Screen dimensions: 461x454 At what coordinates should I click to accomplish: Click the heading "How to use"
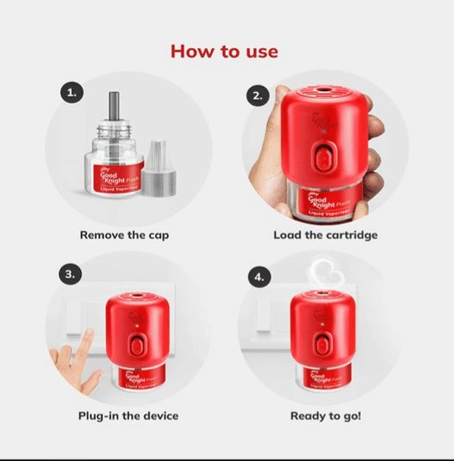(224, 51)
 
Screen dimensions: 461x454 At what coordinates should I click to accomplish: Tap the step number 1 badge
(71, 94)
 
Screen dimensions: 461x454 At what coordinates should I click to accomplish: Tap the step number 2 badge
(257, 95)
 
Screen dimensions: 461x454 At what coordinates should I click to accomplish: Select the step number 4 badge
(258, 277)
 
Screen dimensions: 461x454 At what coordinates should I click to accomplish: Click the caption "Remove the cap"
(124, 235)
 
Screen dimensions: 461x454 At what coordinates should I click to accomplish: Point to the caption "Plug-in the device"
(129, 416)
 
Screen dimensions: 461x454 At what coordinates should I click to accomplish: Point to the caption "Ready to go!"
(326, 416)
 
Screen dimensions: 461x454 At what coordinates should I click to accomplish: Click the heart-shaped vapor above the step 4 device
(325, 273)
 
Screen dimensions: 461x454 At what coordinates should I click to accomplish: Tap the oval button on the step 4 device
(325, 344)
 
